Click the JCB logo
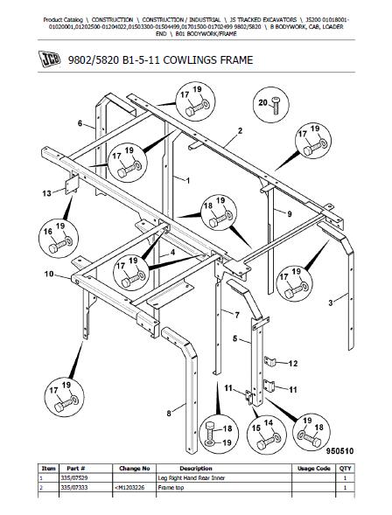pyautogui.click(x=49, y=59)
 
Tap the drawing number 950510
pyautogui.click(x=339, y=451)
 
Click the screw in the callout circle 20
pyautogui.click(x=275, y=106)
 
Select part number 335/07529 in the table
pyautogui.click(x=74, y=478)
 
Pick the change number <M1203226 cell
pyautogui.click(x=129, y=487)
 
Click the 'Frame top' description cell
pyautogui.click(x=171, y=487)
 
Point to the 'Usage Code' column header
pyautogui.click(x=314, y=469)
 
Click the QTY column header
pyautogui.click(x=346, y=469)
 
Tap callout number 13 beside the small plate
pyautogui.click(x=47, y=193)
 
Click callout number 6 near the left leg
pyautogui.click(x=80, y=123)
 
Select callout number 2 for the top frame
pyautogui.click(x=241, y=131)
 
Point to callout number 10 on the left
pyautogui.click(x=49, y=274)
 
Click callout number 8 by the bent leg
pyautogui.click(x=169, y=414)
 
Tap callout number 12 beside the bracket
pyautogui.click(x=293, y=363)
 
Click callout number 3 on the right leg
pyautogui.click(x=331, y=303)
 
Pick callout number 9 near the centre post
pyautogui.click(x=289, y=214)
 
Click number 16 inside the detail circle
pyautogui.click(x=48, y=232)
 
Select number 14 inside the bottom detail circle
pyautogui.click(x=269, y=422)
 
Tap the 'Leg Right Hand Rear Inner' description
pyautogui.click(x=192, y=478)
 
